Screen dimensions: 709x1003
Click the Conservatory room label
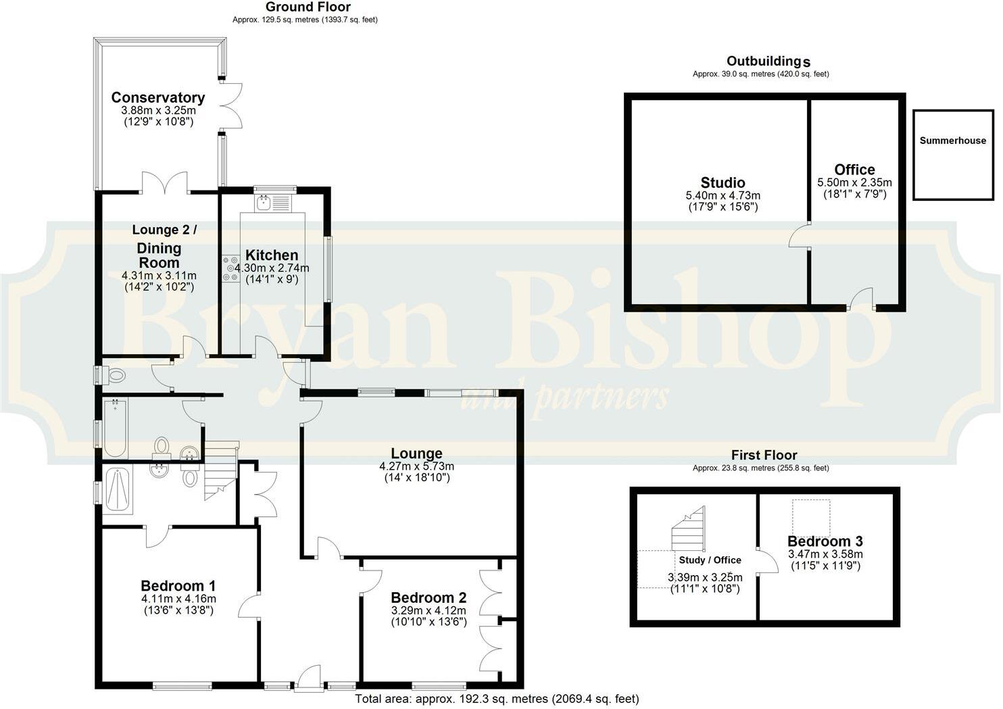[x=158, y=97]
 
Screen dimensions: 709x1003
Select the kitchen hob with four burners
[x=230, y=268]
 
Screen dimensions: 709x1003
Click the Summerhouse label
[x=952, y=141]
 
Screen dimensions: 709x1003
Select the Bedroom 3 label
[x=825, y=541]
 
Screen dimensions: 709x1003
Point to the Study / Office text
[x=710, y=560]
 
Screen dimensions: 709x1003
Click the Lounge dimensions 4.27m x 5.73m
[x=416, y=466]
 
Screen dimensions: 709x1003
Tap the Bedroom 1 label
[x=178, y=585]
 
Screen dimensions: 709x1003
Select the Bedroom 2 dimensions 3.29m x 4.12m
[x=429, y=610]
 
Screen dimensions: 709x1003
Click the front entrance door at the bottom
[x=310, y=679]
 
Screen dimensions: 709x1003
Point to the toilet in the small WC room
[x=115, y=375]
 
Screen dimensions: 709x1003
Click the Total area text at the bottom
[x=497, y=699]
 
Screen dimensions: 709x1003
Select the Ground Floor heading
[x=308, y=7]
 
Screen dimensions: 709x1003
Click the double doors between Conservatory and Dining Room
[x=165, y=182]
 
